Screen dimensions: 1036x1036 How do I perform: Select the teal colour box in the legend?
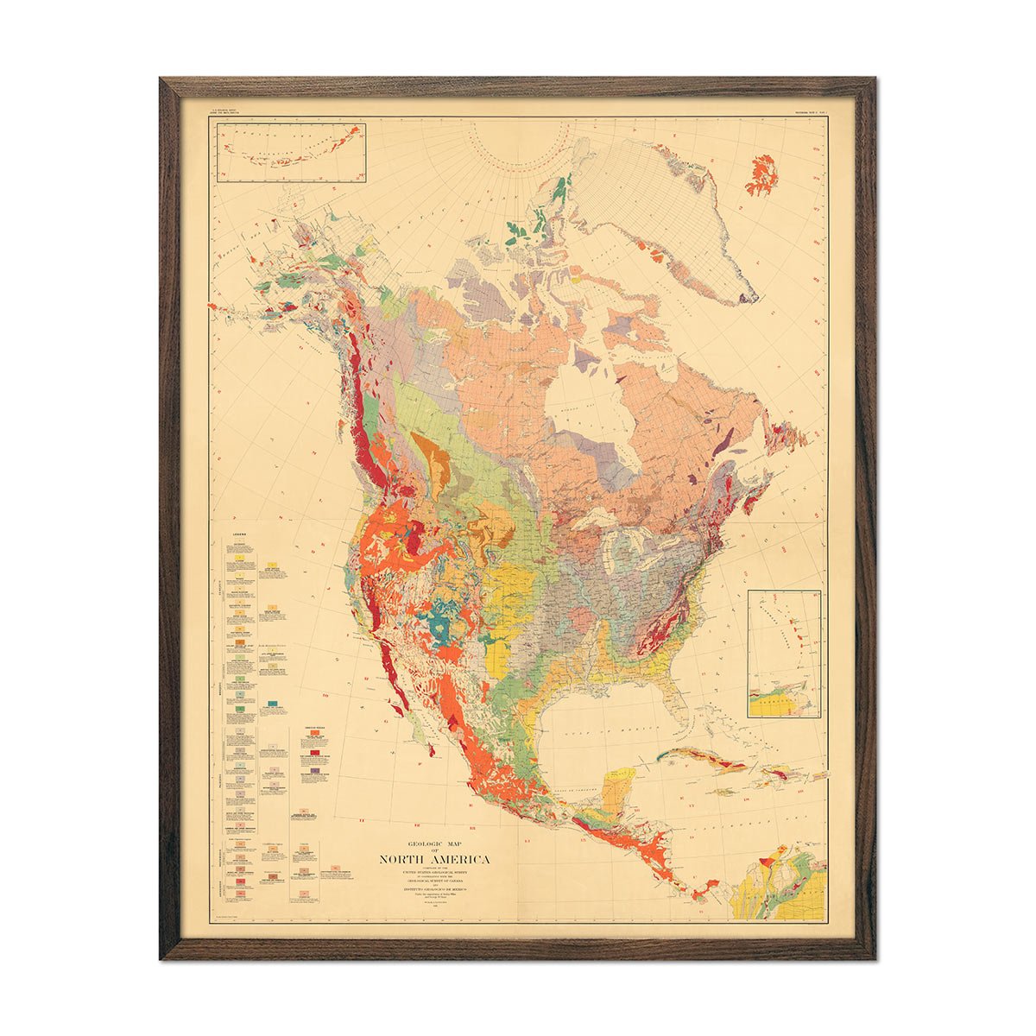[x=274, y=705]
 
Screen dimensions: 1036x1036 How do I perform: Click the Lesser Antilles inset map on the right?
[x=784, y=654]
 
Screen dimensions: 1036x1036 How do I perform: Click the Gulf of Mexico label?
[x=596, y=730]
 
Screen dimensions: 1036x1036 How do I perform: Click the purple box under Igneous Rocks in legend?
[x=317, y=760]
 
